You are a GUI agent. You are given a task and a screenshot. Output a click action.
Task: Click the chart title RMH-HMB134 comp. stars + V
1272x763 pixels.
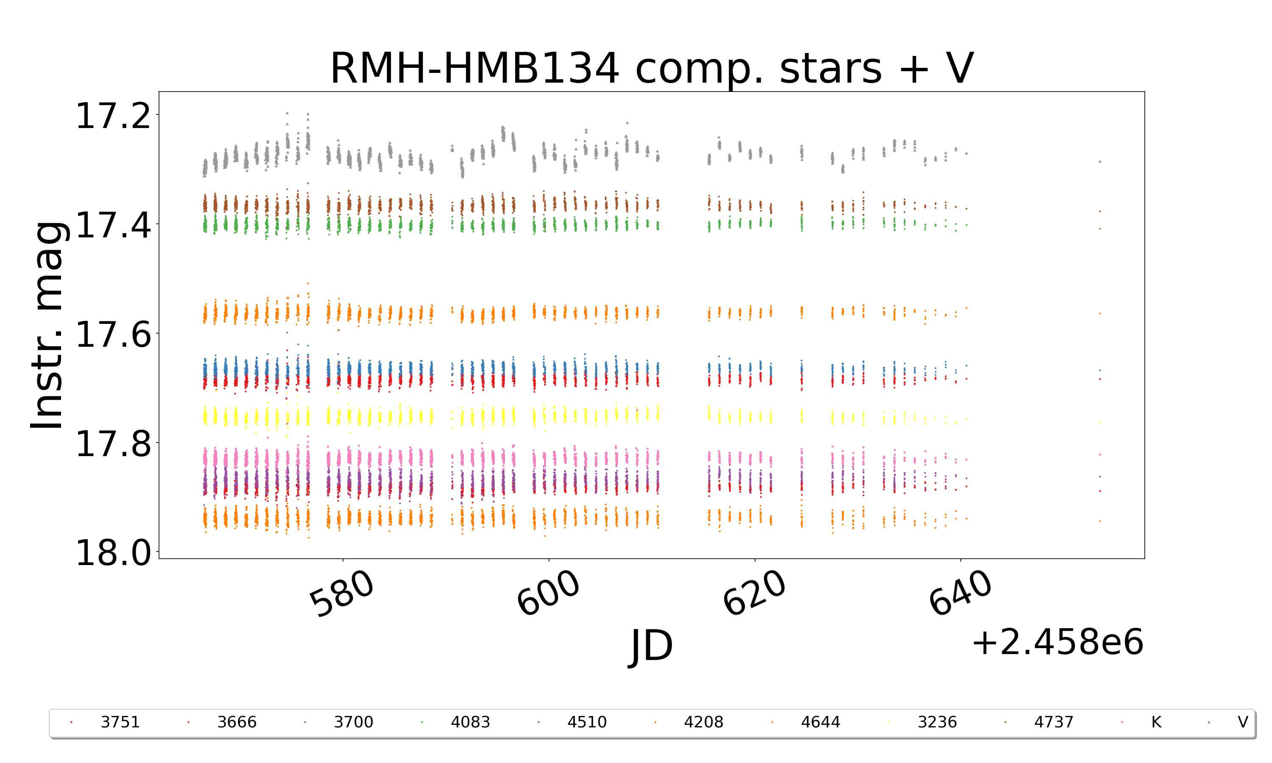(x=651, y=68)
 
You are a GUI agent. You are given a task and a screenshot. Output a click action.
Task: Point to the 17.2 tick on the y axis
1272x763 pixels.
(x=114, y=116)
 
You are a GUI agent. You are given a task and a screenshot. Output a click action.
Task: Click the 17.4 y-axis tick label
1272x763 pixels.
(x=114, y=225)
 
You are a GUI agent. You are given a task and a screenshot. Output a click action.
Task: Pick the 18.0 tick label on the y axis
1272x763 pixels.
(x=114, y=554)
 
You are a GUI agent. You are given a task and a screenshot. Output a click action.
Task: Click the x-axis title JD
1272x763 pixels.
(x=651, y=646)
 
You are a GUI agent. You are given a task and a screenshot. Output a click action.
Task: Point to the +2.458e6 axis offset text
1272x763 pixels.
(x=1057, y=643)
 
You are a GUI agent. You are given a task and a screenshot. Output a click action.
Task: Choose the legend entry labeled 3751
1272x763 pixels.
(x=120, y=722)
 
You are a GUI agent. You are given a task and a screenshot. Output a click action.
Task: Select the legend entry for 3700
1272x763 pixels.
(x=353, y=722)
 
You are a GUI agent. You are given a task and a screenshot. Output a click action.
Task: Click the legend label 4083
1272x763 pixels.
(x=470, y=722)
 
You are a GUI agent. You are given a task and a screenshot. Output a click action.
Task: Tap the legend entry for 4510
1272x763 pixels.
(x=587, y=722)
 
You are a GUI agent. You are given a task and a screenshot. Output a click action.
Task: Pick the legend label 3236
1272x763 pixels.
(x=937, y=722)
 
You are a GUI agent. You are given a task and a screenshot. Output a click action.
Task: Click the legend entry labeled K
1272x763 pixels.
(x=1156, y=722)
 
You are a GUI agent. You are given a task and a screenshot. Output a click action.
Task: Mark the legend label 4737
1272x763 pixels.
(x=1054, y=722)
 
